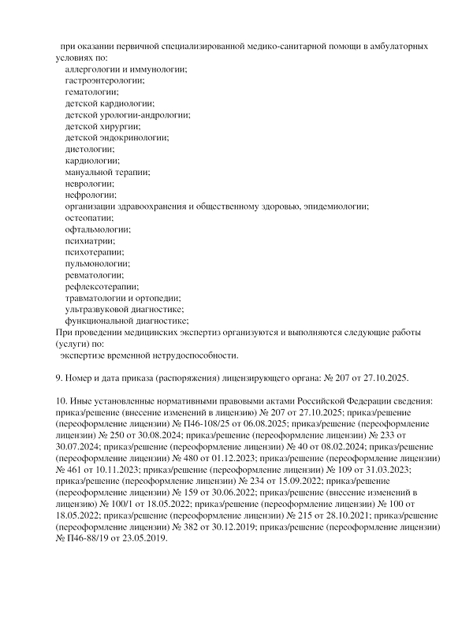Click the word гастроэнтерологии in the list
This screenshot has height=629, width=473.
(105, 81)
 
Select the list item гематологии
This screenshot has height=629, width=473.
(91, 92)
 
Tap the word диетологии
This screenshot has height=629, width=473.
(90, 149)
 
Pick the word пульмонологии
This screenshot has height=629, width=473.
(98, 262)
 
